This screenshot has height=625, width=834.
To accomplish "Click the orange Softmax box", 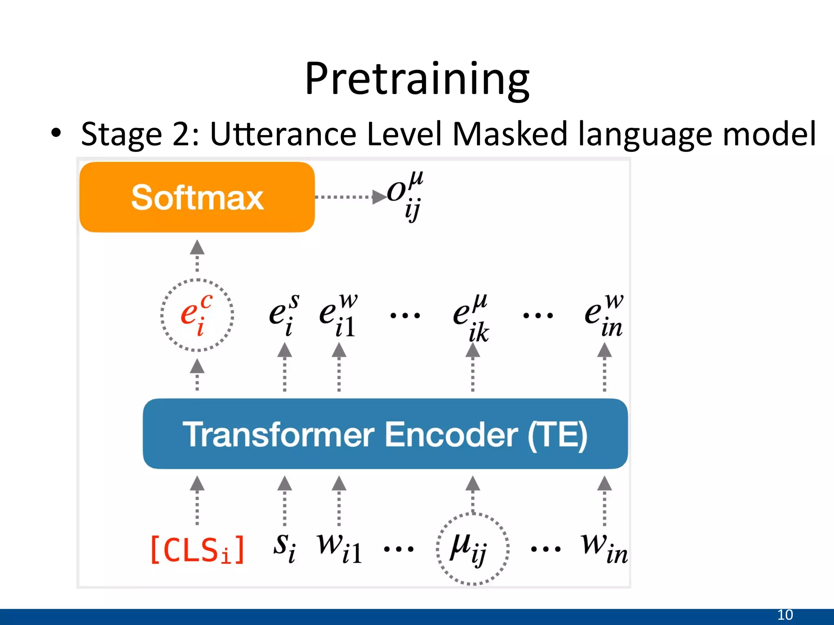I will [197, 197].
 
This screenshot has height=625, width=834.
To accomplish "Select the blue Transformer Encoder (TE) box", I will [385, 434].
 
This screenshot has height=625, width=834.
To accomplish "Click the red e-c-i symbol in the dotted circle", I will [197, 315].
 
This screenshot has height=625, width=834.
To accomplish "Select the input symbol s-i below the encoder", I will [285, 547].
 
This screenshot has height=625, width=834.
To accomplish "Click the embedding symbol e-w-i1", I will [338, 315].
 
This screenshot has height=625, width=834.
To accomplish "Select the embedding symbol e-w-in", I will [604, 315].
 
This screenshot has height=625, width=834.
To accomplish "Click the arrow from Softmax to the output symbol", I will [350, 197].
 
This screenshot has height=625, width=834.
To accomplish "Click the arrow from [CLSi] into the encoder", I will [197, 500].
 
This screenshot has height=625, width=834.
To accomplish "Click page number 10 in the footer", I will [785, 615].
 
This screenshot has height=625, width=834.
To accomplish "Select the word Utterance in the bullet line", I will [283, 134].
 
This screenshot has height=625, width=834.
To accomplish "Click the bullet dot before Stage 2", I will [56, 133].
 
